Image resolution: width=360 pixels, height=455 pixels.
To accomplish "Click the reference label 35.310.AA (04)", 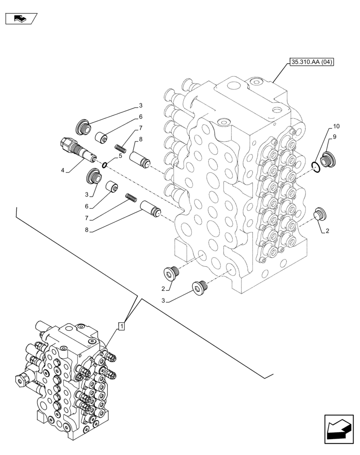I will point(311,62).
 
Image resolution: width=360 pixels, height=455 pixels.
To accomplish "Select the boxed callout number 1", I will point(121,326).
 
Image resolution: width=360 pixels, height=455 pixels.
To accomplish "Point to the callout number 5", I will point(120,156).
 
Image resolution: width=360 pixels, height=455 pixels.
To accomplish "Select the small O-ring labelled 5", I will point(105,164).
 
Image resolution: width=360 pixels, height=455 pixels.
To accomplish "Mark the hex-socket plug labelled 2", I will point(171,273).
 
